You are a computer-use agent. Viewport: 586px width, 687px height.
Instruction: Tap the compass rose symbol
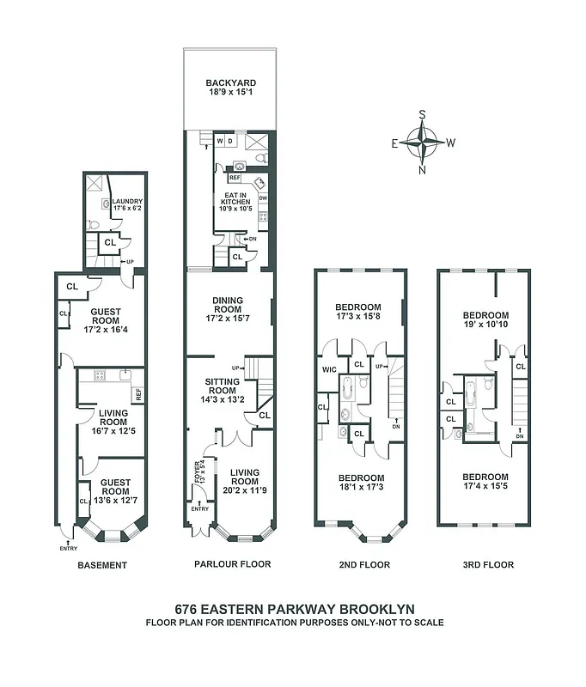(x=423, y=140)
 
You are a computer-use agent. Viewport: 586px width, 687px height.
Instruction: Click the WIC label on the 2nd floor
(x=328, y=370)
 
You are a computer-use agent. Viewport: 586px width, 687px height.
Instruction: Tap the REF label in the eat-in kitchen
(x=235, y=179)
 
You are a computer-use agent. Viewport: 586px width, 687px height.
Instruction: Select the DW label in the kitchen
(x=263, y=199)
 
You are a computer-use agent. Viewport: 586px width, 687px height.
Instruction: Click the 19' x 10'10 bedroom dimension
(x=485, y=326)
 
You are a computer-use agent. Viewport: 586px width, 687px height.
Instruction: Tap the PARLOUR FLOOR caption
(x=231, y=565)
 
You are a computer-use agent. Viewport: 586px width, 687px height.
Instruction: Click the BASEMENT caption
(x=102, y=565)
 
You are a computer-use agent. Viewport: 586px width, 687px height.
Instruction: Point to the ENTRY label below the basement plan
(x=68, y=548)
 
